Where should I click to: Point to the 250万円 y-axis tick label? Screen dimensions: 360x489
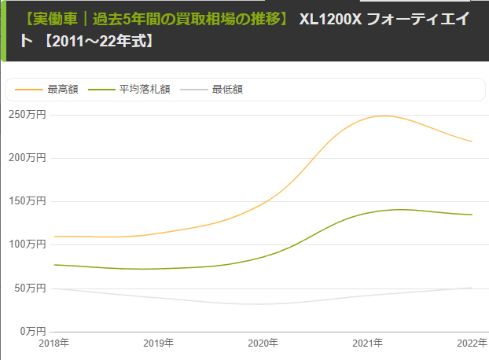[28, 115]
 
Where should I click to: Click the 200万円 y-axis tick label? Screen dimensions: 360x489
[28, 158]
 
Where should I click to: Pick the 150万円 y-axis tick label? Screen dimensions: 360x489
[28, 201]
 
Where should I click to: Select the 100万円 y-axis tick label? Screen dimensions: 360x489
[28, 244]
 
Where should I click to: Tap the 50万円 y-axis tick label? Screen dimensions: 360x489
[30, 288]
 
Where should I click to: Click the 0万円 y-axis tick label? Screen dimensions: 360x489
[32, 332]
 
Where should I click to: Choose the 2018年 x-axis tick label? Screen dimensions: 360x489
[54, 343]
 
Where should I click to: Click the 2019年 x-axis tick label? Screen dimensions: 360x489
[159, 343]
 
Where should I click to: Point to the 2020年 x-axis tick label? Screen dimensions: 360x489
[263, 343]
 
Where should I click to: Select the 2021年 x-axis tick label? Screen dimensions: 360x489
[368, 343]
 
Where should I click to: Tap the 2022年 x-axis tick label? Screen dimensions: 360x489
[472, 343]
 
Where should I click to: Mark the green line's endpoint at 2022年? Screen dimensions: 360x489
[472, 215]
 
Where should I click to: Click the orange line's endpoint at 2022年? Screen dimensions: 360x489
[472, 141]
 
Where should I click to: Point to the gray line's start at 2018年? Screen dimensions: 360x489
[54, 288]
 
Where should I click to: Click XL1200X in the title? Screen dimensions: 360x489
[331, 18]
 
